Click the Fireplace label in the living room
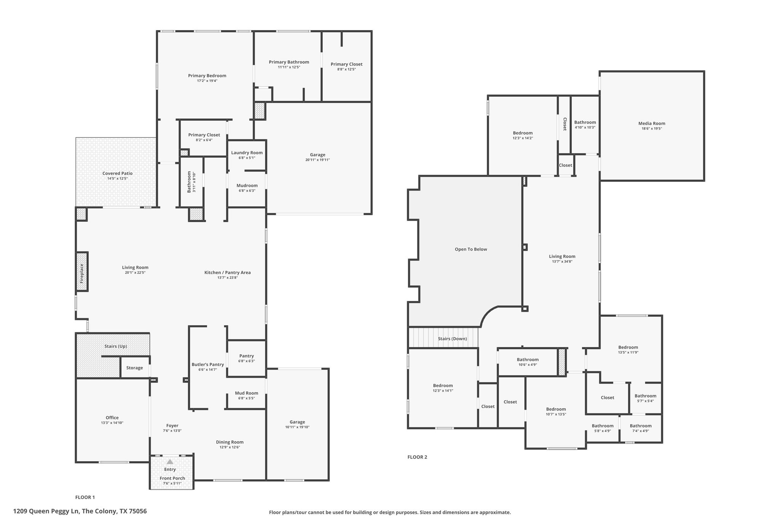pos(82,273)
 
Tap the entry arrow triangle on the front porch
pos(170,461)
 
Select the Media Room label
pos(652,123)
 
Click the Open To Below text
pos(471,250)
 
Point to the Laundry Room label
pos(247,153)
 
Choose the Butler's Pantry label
pos(208,365)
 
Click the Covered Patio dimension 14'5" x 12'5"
pos(117,178)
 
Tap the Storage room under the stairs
pos(134,368)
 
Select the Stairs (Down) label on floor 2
pos(452,339)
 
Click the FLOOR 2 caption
pos(417,457)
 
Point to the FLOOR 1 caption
pos(85,497)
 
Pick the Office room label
pos(112,418)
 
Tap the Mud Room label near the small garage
pos(246,393)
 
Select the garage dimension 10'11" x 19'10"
pos(297,427)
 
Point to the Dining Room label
pos(230,442)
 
